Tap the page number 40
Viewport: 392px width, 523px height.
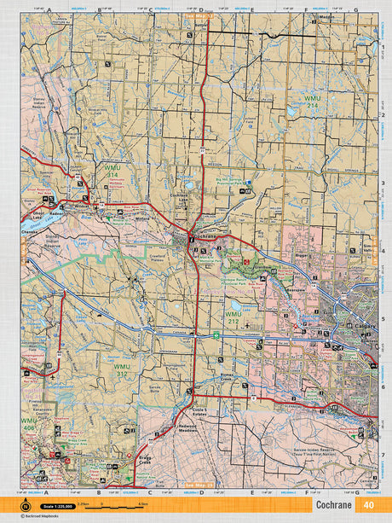368,505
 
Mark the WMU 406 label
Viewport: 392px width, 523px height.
29,423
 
